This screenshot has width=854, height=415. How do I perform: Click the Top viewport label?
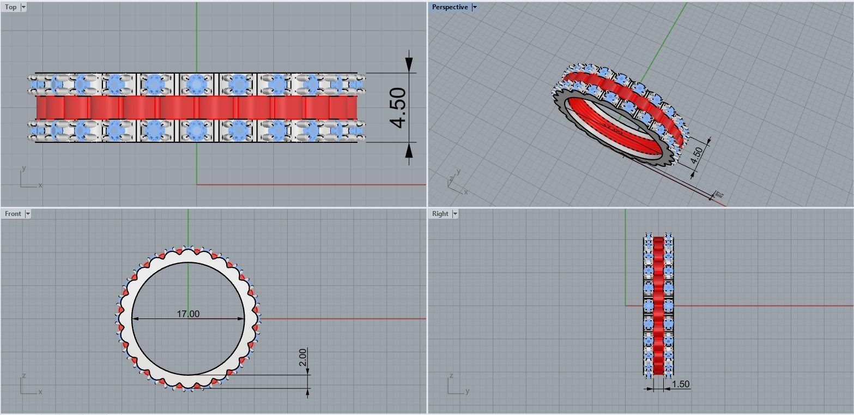coord(10,7)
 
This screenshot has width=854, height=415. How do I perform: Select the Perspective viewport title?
coord(450,7)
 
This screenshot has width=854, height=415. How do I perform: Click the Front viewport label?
coord(13,214)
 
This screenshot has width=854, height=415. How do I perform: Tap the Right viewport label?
coord(440,214)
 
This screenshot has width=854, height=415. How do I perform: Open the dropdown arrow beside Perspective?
coord(475,7)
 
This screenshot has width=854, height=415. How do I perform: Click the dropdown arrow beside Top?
coord(23,7)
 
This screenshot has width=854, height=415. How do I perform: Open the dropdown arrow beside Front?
coord(28,214)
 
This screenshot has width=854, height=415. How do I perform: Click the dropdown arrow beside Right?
coord(455,214)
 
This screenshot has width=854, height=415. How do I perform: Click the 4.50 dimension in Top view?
coord(399,107)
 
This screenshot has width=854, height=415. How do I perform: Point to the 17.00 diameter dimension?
coord(188,314)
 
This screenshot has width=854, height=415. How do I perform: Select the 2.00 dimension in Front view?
coord(303,358)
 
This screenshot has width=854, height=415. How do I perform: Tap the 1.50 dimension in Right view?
coord(681,384)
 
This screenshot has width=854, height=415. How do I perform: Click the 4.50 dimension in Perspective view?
coord(696,155)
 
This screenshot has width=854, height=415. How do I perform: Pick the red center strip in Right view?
coord(658,305)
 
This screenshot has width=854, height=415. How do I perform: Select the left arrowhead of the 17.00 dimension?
coord(136,318)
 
